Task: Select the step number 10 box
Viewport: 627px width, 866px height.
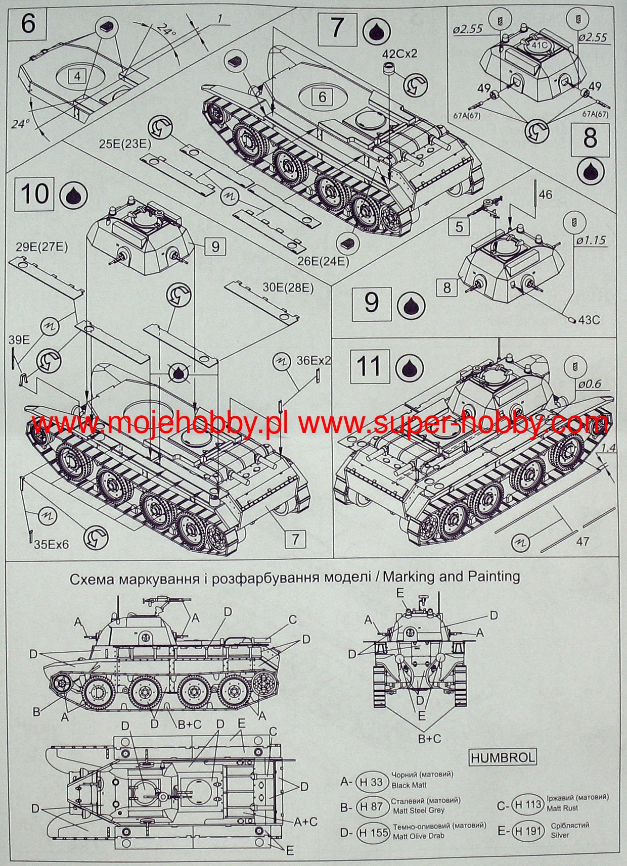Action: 35,194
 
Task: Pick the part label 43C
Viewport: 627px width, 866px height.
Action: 589,320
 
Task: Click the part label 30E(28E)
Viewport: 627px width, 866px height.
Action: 288,288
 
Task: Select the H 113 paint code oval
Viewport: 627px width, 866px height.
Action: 526,804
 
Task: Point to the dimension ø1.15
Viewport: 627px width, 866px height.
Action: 590,240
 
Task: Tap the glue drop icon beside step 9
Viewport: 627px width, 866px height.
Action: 411,304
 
